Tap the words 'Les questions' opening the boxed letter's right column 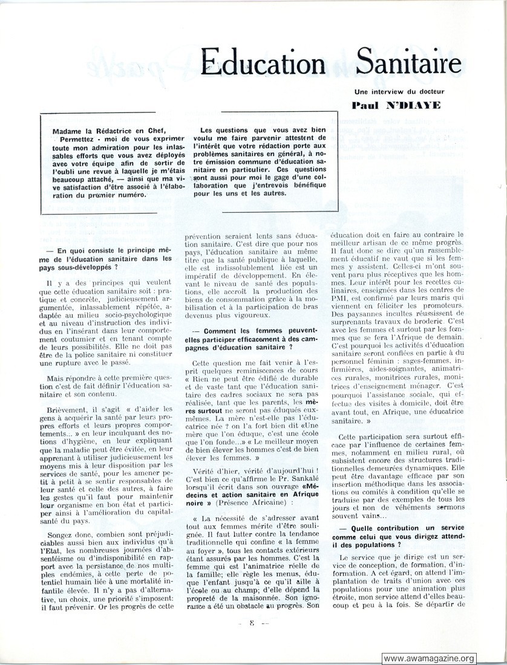tap(229, 130)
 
